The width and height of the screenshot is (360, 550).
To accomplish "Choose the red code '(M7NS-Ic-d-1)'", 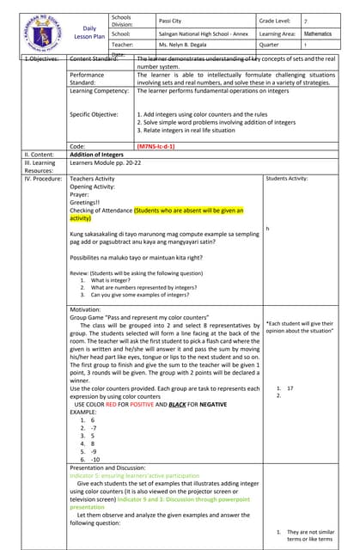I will [162, 147].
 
